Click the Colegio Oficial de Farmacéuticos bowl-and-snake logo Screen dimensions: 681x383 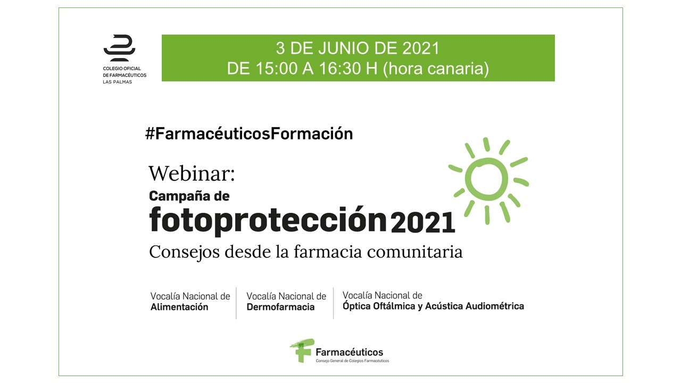coord(119,48)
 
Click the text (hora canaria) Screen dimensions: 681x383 coord(436,69)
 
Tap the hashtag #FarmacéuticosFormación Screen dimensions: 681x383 coord(249,134)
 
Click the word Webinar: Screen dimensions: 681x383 coord(192,173)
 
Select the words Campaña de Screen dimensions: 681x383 coord(189,196)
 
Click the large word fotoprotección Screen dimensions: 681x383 coord(268,220)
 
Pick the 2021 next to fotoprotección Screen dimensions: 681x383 coord(423,222)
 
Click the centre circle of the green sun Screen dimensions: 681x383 coord(486,179)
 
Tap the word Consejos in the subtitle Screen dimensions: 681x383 coord(184,252)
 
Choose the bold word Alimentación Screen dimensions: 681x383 coord(179,307)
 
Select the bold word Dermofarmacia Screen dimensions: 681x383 coord(280,307)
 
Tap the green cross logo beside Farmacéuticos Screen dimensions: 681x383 coord(302,350)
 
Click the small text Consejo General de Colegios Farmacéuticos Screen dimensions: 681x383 coord(352,361)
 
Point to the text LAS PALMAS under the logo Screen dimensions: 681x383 coord(118,82)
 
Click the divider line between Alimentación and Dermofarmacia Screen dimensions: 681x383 coord(236,303)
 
